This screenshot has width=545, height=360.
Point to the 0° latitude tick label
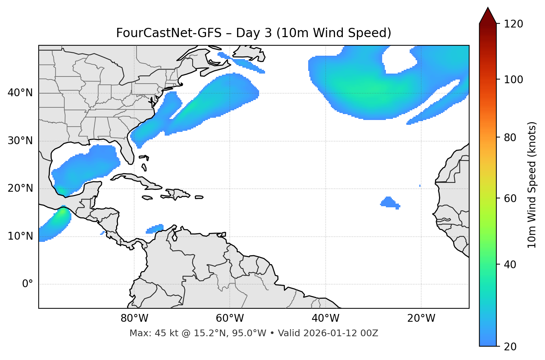[28, 284]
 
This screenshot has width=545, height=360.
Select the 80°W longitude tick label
[134, 318]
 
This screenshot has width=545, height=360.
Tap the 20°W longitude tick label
[421, 318]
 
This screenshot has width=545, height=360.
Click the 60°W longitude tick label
[230, 318]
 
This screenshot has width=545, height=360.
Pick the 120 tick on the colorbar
[513, 24]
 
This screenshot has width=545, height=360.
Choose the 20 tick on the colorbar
[510, 347]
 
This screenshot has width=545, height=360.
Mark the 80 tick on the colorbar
[510, 137]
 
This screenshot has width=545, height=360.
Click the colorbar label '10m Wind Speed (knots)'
[532, 185]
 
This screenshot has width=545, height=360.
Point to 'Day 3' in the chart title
[254, 33]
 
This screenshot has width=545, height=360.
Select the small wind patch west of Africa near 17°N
[389, 202]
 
